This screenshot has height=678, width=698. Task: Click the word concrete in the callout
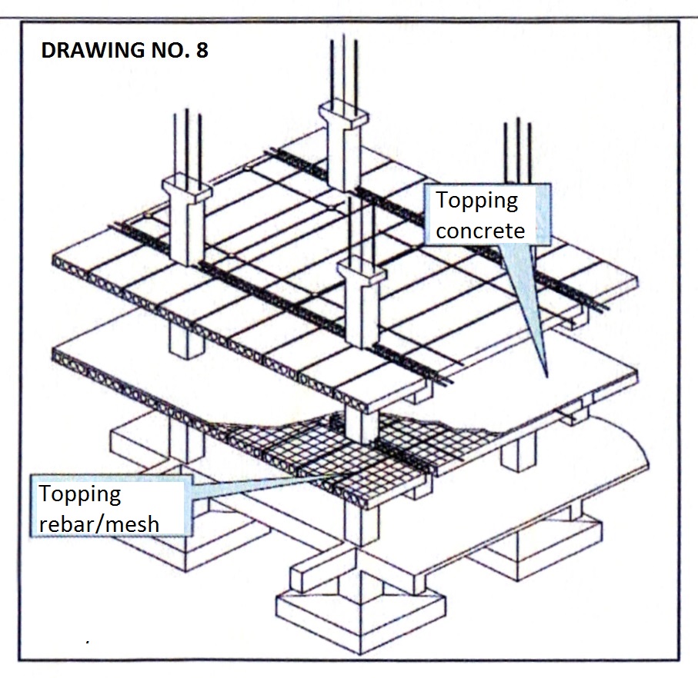click(x=480, y=230)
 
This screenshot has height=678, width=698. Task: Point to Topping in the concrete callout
click(x=477, y=201)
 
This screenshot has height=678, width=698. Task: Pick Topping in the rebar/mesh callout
click(x=80, y=494)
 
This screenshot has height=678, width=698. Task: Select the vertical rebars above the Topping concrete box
click(x=517, y=150)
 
